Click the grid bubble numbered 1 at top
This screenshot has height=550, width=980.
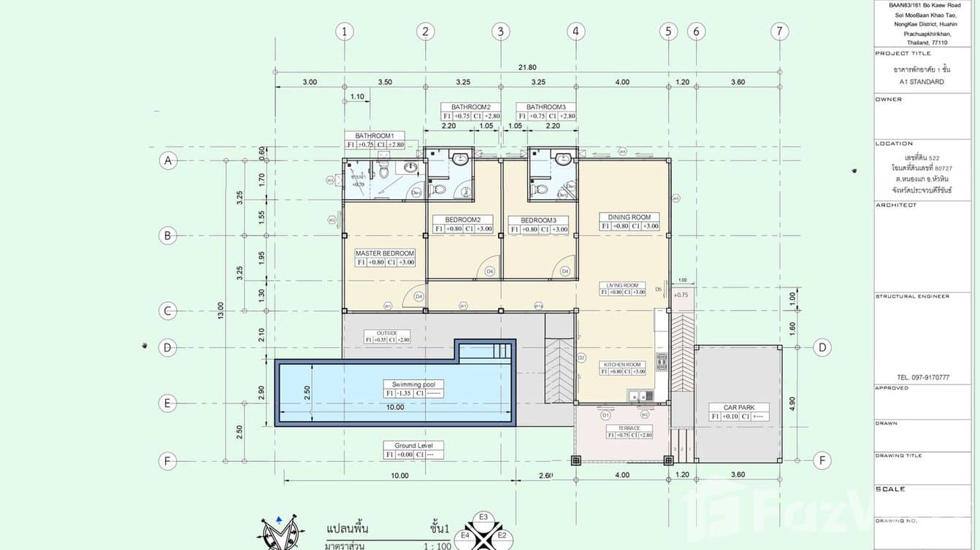pos(345,31)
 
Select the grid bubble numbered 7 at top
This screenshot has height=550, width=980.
pos(780,31)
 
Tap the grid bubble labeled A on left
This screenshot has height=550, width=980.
pos(168,160)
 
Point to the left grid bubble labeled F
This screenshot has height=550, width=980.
pos(168,461)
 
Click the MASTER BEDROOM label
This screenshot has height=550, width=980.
pos(385,253)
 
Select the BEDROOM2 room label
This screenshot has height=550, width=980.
pos(462,220)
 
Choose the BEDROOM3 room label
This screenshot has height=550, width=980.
pos(538,220)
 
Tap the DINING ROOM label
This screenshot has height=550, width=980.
pos(629,217)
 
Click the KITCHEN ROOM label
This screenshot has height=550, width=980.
pos(622,364)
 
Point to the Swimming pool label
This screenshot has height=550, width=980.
pos(413,384)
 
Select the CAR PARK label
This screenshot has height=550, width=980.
pos(739,408)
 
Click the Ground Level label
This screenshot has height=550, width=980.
pos(414,446)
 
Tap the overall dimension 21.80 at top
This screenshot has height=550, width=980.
pos(527,67)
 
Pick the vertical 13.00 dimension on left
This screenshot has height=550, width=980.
pos(221,311)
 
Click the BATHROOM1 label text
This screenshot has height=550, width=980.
pos(375,136)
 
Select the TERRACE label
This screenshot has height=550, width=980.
pos(629,428)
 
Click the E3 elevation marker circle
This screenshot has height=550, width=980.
pos(483,517)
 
